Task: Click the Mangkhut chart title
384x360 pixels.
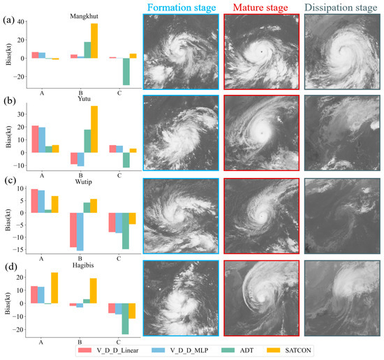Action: point(84,15)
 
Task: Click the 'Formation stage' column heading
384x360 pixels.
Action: point(180,7)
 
